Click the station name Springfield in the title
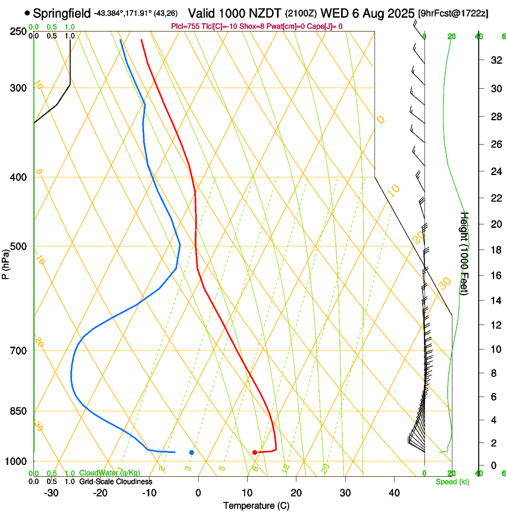point(62,13)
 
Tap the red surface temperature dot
point(255,452)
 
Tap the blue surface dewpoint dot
point(192,452)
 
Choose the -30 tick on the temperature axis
point(51,493)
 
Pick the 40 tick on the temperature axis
point(394,493)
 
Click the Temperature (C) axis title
point(255,505)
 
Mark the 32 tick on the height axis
point(494,60)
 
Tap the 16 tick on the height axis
point(494,275)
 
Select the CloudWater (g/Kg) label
point(110,473)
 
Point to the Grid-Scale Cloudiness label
point(115,482)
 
